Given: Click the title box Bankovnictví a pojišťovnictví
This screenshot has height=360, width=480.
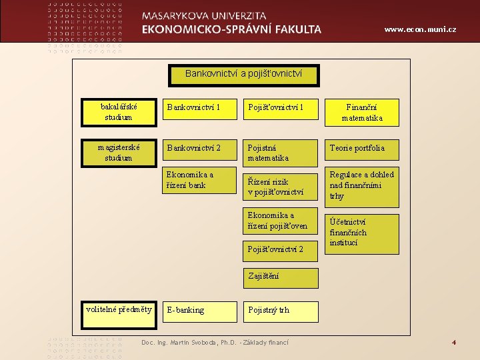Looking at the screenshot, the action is (x=243, y=74).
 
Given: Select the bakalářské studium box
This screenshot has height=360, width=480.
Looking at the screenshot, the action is (x=118, y=112).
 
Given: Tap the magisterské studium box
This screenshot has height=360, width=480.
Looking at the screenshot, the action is (x=118, y=153).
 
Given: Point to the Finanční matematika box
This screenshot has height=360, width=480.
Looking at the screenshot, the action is (x=362, y=113).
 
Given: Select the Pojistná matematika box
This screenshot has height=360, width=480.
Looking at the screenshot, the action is (x=280, y=153).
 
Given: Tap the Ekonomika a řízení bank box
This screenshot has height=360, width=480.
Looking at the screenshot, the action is (x=199, y=180).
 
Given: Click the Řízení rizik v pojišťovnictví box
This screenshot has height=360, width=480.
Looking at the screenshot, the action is (x=280, y=186).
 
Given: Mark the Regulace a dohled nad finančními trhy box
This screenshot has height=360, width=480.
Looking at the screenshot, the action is (x=361, y=186).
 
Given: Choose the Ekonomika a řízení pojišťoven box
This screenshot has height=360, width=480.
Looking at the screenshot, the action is (x=280, y=221).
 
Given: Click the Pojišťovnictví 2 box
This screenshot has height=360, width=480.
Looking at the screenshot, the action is (x=280, y=249).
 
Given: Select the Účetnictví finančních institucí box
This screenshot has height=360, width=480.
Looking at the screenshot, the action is (x=361, y=233).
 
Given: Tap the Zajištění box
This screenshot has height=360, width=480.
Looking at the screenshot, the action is (x=280, y=276).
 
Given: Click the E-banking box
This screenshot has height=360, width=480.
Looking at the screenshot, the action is (x=199, y=311).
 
